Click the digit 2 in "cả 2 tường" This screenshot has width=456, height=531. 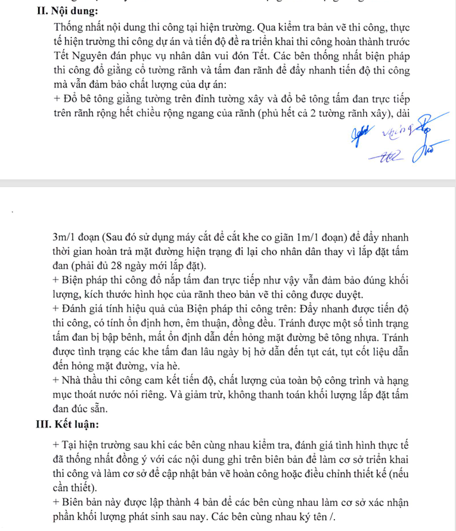328,113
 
